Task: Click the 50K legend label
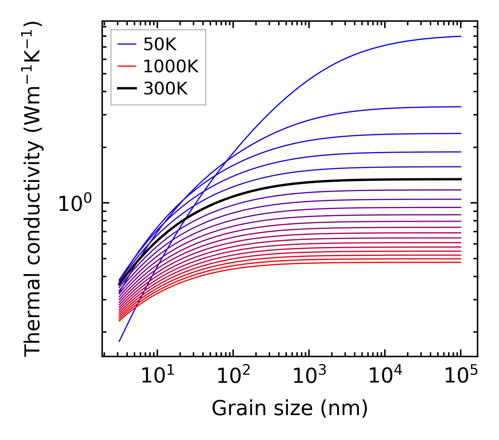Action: point(160,44)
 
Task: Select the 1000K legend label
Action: point(171,66)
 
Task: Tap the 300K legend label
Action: point(165,89)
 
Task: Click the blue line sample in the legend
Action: point(126,44)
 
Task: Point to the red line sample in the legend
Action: point(126,66)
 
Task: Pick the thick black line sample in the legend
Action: point(126,89)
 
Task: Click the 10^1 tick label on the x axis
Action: point(157,376)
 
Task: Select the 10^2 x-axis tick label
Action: point(233,376)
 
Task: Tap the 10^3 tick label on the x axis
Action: point(309,376)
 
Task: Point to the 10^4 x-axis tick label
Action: point(385,376)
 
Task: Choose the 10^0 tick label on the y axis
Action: point(75,203)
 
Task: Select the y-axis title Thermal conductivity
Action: point(33,189)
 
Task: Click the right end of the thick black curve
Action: point(460,179)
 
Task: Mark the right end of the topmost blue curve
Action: point(460,36)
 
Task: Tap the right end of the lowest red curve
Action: point(460,262)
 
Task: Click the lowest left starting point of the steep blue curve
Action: point(119,341)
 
